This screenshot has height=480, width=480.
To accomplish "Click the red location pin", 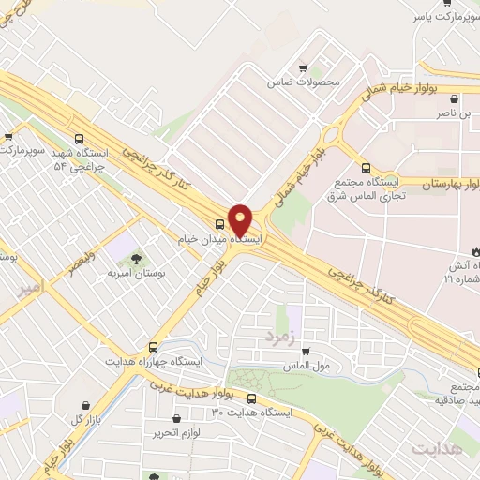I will [240, 219].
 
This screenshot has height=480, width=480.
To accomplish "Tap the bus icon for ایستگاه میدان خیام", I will [219, 224].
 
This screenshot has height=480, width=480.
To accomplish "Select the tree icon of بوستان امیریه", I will [137, 257].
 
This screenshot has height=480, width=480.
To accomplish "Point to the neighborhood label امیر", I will [31, 290].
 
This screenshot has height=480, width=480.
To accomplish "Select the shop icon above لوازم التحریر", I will [175, 419].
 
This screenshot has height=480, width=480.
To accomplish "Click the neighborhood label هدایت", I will [436, 450].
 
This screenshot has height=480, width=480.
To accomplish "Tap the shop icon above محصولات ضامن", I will [303, 68].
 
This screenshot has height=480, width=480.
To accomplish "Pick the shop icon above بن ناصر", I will [454, 98].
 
